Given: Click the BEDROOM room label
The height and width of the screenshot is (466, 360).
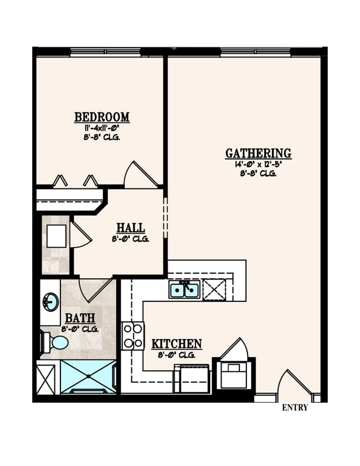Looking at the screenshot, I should click(102, 117).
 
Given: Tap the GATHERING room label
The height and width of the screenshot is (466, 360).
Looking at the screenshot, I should click(258, 153).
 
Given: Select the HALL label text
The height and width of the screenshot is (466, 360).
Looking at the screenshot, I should click(131, 228).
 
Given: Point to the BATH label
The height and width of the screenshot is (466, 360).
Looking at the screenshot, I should click(80, 319).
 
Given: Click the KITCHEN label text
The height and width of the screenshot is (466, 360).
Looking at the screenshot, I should click(177, 344).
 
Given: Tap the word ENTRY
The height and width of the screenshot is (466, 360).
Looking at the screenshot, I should click(295, 408).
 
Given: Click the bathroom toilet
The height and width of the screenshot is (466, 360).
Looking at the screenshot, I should click(54, 342).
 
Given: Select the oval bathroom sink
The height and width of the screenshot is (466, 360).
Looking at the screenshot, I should click(50, 303).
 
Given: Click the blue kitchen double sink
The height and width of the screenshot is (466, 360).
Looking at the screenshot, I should click(184, 289).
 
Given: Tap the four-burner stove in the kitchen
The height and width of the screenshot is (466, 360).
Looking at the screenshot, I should click(133, 336).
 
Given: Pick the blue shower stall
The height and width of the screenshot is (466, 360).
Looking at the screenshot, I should click(88, 376).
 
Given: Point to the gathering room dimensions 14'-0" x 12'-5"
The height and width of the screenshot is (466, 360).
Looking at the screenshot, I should click(258, 164).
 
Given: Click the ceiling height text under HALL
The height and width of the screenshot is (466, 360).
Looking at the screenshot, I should click(130, 239).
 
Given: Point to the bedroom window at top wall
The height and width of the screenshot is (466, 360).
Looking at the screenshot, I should click(105, 52).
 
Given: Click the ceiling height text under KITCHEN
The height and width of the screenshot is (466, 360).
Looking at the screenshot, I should click(177, 355).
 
